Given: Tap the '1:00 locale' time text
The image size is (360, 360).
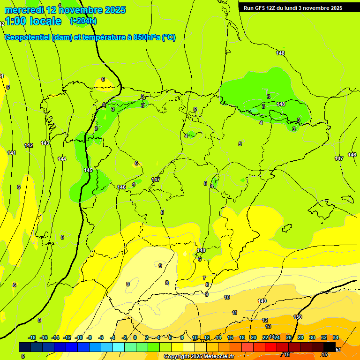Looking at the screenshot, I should click(x=33, y=21).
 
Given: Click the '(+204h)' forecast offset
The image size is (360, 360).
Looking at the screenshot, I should click(x=83, y=21).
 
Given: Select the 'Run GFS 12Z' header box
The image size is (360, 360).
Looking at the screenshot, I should click(x=293, y=7).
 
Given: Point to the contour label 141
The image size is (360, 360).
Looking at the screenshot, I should click(x=12, y=153).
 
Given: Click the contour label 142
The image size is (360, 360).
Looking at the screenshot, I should click(x=29, y=145).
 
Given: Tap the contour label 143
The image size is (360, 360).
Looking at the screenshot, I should click(x=45, y=143).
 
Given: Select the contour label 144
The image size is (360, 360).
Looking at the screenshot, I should click(x=62, y=159).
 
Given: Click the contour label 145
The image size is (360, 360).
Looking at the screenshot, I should click(x=88, y=170).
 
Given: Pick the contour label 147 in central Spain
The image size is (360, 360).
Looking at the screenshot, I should click(x=156, y=180).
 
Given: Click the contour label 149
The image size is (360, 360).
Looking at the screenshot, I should click(x=262, y=301).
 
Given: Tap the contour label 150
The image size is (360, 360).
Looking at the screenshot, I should click(x=298, y=317).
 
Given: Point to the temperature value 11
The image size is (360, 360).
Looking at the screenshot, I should click(x=234, y=313).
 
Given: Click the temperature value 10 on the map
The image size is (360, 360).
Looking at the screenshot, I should click(x=227, y=297).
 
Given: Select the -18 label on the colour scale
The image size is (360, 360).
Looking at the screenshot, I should click(x=32, y=337).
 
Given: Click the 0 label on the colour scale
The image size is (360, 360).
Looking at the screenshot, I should click(x=135, y=337).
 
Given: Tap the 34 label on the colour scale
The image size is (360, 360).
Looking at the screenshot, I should click(x=336, y=337).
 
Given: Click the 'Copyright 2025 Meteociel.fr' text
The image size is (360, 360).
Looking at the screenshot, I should click(x=199, y=356).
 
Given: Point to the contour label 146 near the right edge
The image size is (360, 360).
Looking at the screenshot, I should click(x=352, y=155).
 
